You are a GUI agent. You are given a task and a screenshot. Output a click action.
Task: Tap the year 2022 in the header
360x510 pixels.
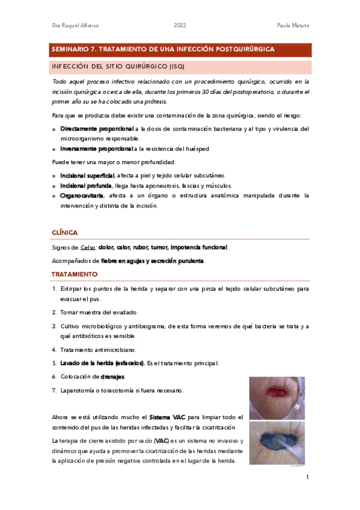coord(180,25)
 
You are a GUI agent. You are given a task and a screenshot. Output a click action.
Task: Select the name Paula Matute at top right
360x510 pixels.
coord(292,25)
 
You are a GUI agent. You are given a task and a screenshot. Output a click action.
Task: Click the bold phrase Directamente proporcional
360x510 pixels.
coord(97,128)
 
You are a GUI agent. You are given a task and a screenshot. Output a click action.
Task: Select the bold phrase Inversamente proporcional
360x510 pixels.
coord(97,148)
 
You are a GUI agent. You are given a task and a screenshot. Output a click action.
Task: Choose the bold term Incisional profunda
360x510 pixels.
coord(86,185)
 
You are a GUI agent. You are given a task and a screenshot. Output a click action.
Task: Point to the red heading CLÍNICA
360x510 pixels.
coord(65,232)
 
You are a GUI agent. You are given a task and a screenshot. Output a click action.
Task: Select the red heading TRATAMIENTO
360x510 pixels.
coord(75,274)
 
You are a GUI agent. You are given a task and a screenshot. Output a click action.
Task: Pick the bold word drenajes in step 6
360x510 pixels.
coord(112,376)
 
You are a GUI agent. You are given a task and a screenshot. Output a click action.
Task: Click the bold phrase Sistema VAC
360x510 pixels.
coord(168,417)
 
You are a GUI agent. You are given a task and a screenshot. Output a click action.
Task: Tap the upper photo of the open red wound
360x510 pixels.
coord(277,398)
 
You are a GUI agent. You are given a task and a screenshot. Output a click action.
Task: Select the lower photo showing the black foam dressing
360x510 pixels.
coord(277,443)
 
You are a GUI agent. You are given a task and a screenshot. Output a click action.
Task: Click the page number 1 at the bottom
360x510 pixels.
coord(307,478)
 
